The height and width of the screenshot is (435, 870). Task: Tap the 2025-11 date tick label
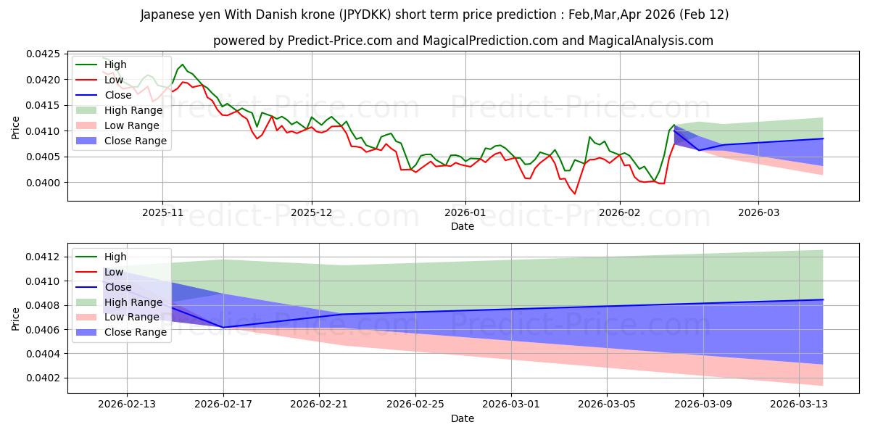(x=162, y=212)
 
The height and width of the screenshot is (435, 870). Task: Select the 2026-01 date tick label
(x=465, y=212)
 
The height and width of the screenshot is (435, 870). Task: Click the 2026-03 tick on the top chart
(x=758, y=212)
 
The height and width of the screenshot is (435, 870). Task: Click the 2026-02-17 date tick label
(x=223, y=405)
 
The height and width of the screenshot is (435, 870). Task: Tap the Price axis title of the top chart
(x=16, y=128)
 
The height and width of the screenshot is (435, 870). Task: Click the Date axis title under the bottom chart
(x=463, y=418)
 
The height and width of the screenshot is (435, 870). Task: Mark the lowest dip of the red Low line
(x=575, y=194)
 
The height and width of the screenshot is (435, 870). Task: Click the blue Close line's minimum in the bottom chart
(x=223, y=327)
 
